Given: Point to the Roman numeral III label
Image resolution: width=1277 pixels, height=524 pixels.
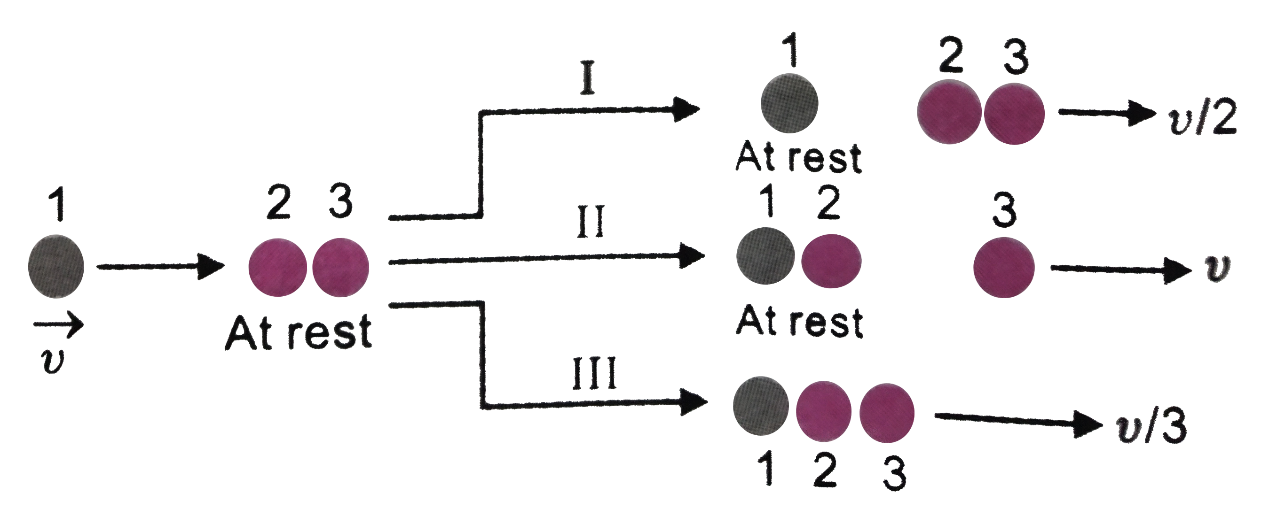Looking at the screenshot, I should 594,374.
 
